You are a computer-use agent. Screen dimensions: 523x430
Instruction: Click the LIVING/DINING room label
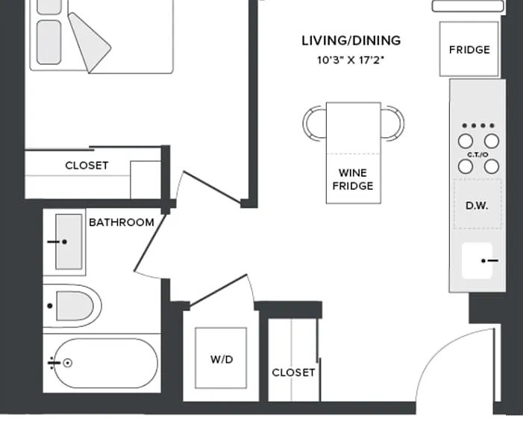pyautogui.click(x=351, y=41)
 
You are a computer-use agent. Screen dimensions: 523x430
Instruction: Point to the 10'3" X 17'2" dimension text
pyautogui.click(x=351, y=60)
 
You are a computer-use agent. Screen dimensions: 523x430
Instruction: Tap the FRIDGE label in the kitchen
pyautogui.click(x=469, y=50)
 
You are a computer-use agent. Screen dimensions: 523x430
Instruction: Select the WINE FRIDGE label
pyautogui.click(x=353, y=179)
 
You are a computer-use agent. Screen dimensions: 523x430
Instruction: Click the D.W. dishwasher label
pyautogui.click(x=477, y=205)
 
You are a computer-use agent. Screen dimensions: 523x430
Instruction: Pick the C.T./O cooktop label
pyautogui.click(x=478, y=155)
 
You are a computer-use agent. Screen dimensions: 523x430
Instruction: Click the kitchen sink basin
pyautogui.click(x=477, y=261)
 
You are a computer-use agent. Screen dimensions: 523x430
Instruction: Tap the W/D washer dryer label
pyautogui.click(x=222, y=359)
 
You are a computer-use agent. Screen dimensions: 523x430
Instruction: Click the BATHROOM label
pyautogui.click(x=122, y=222)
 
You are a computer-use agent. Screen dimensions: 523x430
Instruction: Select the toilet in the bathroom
pyautogui.click(x=72, y=306)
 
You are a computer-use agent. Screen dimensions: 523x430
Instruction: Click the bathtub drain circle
pyautogui.click(x=68, y=363)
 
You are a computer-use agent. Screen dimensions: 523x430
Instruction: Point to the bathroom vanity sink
pyautogui.click(x=69, y=242)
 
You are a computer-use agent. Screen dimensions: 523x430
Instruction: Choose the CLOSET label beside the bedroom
pyautogui.click(x=87, y=166)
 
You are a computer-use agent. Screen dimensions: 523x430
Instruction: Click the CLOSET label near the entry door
pyautogui.click(x=293, y=373)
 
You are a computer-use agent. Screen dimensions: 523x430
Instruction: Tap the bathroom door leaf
pyautogui.click(x=150, y=243)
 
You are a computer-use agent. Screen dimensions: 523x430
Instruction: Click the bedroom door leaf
pyautogui.click(x=212, y=187)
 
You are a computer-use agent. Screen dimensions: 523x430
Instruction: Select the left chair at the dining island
pyautogui.click(x=313, y=123)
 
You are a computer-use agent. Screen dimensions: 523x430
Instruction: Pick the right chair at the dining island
pyautogui.click(x=392, y=123)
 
